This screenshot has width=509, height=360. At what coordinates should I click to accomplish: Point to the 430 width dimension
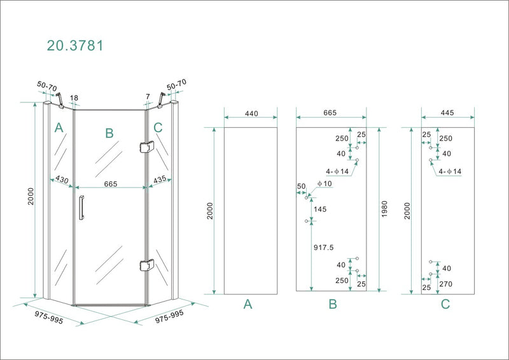pos(62,180)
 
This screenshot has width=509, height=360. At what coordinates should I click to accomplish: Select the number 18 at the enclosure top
pos(74,98)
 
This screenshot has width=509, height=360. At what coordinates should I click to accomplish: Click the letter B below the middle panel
pos(331,305)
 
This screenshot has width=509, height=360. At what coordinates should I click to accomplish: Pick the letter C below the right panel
pos(445,305)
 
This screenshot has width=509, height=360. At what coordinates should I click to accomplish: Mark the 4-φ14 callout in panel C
pos(449,172)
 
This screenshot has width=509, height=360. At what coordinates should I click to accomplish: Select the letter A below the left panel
pos(248,305)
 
